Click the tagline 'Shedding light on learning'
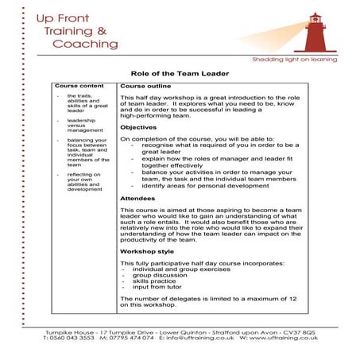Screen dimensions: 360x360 pyautogui.click(x=294, y=60)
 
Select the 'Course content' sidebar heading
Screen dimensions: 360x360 pyautogui.click(x=79, y=85)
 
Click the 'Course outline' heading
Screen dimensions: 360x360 pyautogui.click(x=145, y=85)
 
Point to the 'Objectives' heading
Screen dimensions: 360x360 pyautogui.click(x=138, y=127)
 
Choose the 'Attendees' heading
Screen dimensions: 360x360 pyautogui.click(x=137, y=198)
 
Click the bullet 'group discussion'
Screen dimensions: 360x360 pyautogui.click(x=161, y=274)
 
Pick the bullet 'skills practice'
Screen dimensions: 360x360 pyautogui.click(x=156, y=281)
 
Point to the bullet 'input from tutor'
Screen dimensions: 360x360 pyautogui.click(x=157, y=287)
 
